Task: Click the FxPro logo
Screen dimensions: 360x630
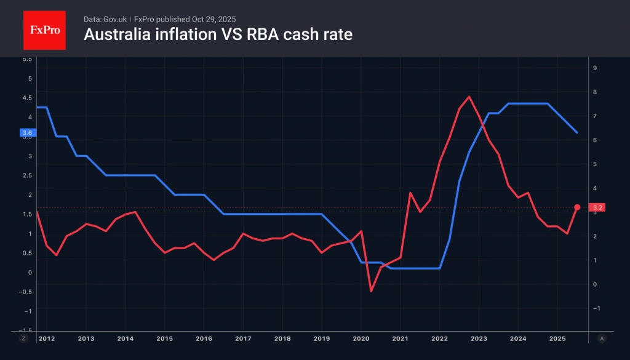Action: click(44, 30)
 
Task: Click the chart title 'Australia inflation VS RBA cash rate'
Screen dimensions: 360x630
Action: click(218, 34)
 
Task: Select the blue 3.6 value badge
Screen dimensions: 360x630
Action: click(27, 132)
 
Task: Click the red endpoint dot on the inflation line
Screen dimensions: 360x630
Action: click(577, 207)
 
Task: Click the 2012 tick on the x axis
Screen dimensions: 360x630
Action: click(47, 338)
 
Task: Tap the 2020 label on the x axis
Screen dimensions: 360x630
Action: click(361, 338)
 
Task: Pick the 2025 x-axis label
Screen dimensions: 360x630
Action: click(557, 338)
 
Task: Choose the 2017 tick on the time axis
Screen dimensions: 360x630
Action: click(243, 338)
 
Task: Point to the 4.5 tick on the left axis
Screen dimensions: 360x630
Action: click(26, 98)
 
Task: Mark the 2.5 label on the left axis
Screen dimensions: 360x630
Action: click(26, 175)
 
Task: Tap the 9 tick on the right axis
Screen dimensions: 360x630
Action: click(594, 68)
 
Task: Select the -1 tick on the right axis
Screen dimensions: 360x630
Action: click(594, 308)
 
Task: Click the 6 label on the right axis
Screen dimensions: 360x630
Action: click(594, 140)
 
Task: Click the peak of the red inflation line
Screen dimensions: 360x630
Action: click(469, 97)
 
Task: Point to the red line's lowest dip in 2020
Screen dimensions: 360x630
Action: click(371, 290)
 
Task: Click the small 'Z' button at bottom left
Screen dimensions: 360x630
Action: click(23, 338)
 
